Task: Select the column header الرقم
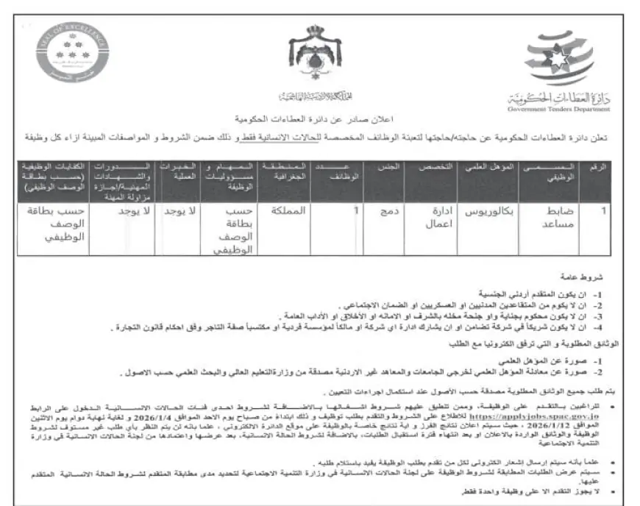[x=599, y=168]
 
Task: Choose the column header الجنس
[x=388, y=168]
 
